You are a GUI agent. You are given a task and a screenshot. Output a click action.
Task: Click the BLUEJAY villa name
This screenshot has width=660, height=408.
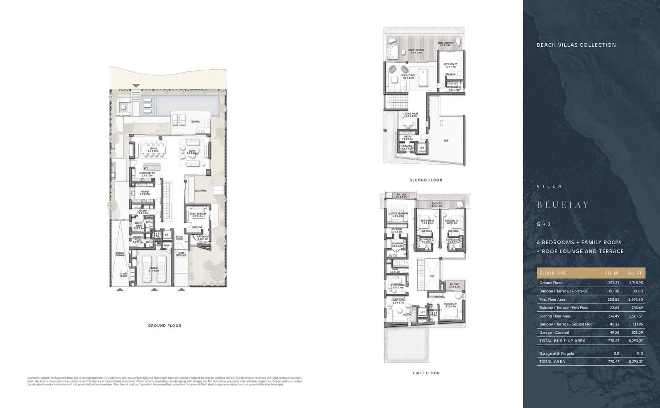563,205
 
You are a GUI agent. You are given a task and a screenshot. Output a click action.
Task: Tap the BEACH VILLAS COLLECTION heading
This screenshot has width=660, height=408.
576,45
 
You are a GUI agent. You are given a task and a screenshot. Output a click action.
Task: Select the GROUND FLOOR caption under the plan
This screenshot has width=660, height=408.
165,325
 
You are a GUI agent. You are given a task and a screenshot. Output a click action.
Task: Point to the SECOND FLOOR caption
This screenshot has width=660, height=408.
426,180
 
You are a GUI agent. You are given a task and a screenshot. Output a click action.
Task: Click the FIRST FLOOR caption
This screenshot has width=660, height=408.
426,373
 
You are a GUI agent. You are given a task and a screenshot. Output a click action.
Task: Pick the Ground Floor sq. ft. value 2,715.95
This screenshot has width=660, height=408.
636,283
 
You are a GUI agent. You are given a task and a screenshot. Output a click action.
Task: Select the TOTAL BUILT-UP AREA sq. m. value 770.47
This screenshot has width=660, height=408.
613,341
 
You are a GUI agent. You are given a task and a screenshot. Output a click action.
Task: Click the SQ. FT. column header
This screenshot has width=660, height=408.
635,273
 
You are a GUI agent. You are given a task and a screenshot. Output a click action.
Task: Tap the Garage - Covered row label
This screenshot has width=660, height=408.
554,333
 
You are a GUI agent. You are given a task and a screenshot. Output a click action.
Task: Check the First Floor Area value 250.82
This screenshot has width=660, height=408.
613,300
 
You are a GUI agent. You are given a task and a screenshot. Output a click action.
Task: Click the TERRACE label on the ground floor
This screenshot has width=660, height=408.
195,122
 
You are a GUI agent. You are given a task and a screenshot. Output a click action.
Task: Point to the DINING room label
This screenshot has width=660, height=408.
153,149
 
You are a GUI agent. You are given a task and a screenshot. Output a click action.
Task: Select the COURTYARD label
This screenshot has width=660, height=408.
201,191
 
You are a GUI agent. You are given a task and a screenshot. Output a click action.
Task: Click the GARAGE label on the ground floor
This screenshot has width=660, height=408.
153,269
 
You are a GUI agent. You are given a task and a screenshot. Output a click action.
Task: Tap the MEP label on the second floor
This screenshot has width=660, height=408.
446,141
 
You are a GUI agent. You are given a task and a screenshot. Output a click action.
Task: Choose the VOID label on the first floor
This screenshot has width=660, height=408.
431,276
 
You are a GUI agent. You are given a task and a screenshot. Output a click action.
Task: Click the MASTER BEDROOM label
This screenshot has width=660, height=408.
398,214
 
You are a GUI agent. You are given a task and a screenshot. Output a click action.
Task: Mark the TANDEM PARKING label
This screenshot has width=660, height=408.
120,254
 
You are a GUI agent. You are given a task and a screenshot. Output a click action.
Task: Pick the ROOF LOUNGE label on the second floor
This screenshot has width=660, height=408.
408,75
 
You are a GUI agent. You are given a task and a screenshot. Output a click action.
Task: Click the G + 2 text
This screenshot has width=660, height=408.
544,224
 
